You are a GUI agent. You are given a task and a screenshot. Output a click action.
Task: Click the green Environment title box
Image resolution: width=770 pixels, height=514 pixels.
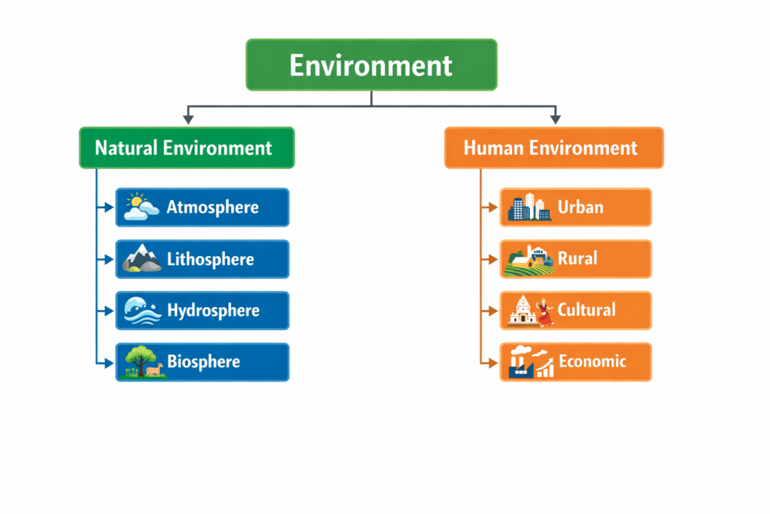coord(371,65)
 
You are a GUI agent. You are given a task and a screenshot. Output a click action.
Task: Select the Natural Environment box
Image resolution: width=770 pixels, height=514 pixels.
coord(186,148)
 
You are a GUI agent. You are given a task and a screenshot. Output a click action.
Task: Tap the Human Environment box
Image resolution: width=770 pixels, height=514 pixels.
coord(553,148)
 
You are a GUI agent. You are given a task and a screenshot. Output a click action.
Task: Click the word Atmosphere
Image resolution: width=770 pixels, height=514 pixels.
coord(213,208)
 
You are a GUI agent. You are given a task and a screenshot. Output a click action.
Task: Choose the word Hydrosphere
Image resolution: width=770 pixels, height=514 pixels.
coord(213,310)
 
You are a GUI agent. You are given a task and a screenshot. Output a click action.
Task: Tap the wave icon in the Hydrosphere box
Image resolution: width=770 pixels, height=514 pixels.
coord(141,310)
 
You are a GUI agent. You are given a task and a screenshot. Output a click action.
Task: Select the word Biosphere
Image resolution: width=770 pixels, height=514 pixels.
coord(204,362)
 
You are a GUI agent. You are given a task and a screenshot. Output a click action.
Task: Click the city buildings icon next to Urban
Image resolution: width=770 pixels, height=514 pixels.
coord(529,207)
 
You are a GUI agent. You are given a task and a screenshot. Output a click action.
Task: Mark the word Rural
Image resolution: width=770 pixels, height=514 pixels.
coord(577,259)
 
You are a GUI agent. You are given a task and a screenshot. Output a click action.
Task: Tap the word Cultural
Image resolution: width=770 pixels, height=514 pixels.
coord(587,310)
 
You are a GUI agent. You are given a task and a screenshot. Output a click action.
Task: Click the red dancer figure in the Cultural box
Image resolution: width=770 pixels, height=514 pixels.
coord(545,312)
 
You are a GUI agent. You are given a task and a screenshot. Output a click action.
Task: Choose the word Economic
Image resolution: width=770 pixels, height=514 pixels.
coord(593,362)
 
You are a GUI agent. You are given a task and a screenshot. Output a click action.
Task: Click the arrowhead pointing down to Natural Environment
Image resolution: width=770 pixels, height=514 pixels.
coord(187,119)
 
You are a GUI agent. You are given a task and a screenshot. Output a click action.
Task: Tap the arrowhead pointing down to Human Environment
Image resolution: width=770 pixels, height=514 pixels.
coord(555,119)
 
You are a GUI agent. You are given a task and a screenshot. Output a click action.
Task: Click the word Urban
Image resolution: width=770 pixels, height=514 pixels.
coord(581,207)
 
